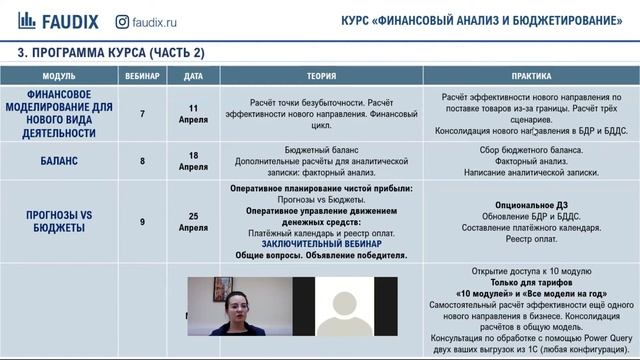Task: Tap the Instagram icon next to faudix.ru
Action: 122,20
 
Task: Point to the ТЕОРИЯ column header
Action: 321,76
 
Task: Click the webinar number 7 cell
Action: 142,113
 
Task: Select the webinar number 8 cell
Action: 142,160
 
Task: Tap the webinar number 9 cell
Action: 142,221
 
